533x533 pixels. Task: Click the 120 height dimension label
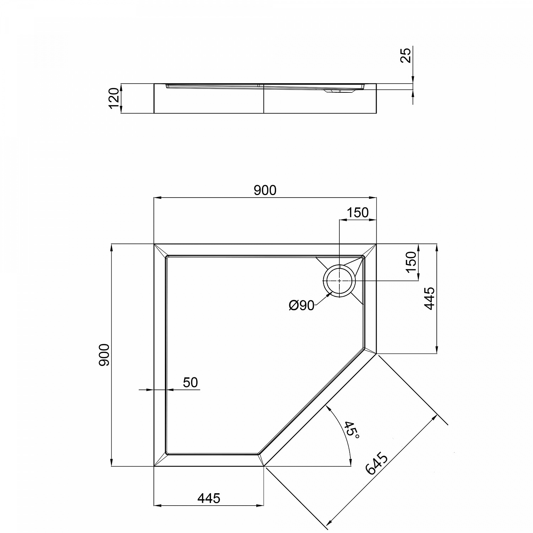pyautogui.click(x=114, y=98)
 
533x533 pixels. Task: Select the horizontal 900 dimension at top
pyautogui.click(x=265, y=191)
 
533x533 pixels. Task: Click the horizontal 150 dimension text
pyautogui.click(x=357, y=213)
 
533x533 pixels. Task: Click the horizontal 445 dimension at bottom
pyautogui.click(x=209, y=499)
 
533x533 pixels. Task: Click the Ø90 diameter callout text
pyautogui.click(x=301, y=306)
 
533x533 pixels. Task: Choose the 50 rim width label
pyautogui.click(x=190, y=383)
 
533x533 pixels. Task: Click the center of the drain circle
pyautogui.click(x=340, y=280)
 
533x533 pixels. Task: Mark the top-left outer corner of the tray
pyautogui.click(x=154, y=244)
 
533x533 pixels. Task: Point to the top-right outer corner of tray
pyautogui.click(x=376, y=244)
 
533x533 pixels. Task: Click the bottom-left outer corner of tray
pyautogui.click(x=154, y=466)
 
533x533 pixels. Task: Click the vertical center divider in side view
pyautogui.click(x=264, y=99)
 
